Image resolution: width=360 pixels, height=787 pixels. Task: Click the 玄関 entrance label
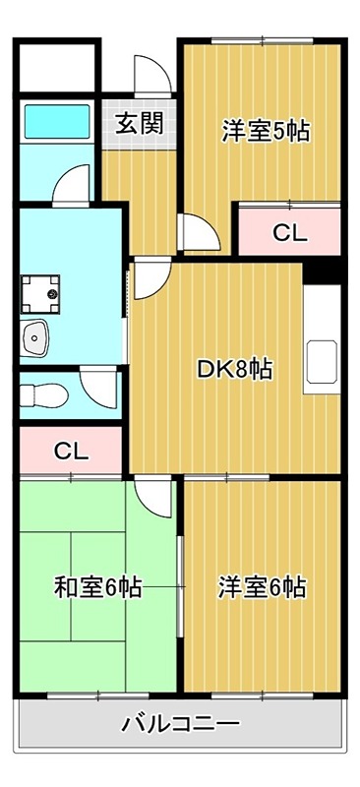coord(140,125)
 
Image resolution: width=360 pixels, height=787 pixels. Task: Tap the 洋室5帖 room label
coord(266,132)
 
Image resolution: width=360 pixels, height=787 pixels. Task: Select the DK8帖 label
coord(234,371)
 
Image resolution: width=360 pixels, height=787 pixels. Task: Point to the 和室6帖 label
coord(97,587)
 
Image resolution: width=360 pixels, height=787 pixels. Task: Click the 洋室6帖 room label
coord(262,587)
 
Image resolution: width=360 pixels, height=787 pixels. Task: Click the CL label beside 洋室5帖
coord(290,233)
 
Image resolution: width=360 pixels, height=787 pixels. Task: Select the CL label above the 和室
coord(71,452)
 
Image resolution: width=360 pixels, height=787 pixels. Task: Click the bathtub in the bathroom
coord(57,121)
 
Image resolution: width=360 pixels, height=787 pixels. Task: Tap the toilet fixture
coord(44,396)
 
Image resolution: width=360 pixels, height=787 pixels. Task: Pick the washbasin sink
coord(34,338)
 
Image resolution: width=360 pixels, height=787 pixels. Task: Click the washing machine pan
coord(40,294)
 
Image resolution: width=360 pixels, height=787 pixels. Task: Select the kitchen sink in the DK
coord(322,361)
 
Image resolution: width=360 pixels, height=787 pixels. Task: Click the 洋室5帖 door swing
coord(200,232)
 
